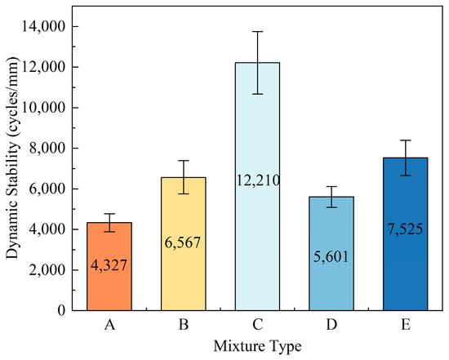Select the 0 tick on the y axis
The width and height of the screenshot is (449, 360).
coord(62,310)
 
